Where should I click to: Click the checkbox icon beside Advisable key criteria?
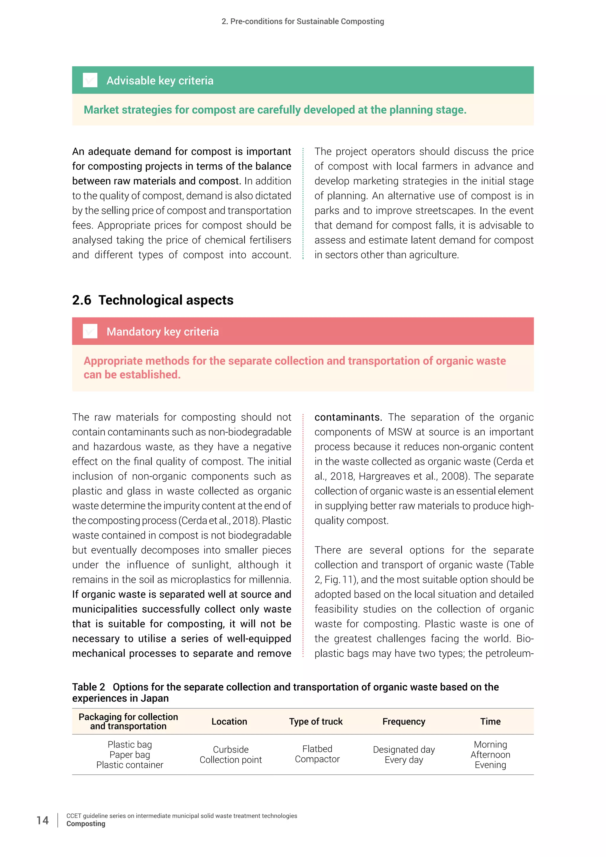[x=90, y=80]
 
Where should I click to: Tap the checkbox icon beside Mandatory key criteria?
[x=90, y=331]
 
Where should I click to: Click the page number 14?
[x=43, y=820]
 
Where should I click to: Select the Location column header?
[x=229, y=721]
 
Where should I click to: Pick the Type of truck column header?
[x=316, y=721]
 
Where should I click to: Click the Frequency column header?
[x=404, y=721]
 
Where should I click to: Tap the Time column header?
[x=490, y=721]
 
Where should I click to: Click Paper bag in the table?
[x=130, y=755]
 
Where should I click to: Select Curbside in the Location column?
[x=231, y=750]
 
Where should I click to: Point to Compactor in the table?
[x=317, y=759]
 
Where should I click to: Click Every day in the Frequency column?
[x=404, y=760]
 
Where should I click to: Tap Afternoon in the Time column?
[x=490, y=755]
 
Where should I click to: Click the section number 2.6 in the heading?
[x=81, y=300]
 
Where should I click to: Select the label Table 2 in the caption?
[x=88, y=687]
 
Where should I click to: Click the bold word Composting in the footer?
[x=86, y=824]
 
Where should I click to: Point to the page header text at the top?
[x=303, y=21]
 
